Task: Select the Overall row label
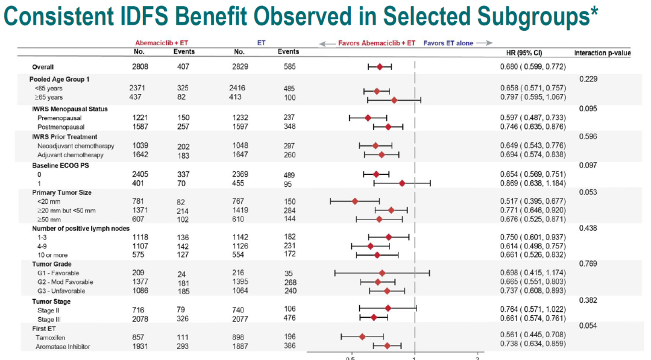click(x=43, y=66)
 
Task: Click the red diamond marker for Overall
click(x=380, y=66)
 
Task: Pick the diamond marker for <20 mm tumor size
click(x=354, y=201)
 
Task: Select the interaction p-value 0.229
click(x=588, y=80)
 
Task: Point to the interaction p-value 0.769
click(x=588, y=264)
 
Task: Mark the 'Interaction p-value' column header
click(x=602, y=52)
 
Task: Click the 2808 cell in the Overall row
click(x=140, y=66)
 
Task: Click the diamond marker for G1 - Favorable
click(x=382, y=273)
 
